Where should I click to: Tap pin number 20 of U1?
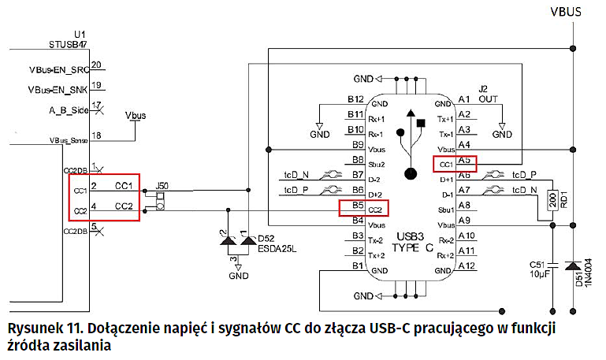97,65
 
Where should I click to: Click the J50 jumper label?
161,186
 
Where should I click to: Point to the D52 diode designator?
266,238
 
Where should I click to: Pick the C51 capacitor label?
538,265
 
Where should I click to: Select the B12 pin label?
356,99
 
